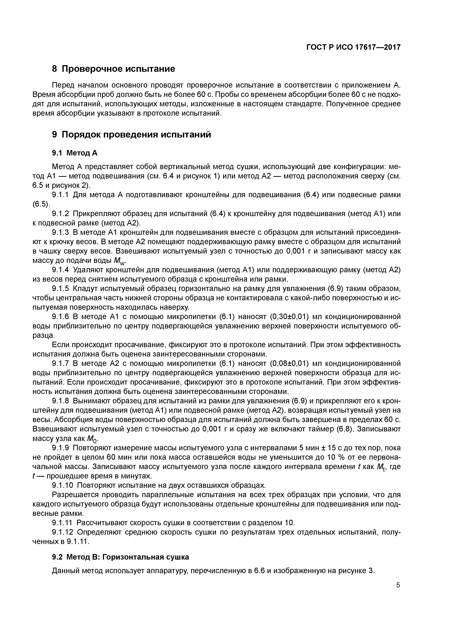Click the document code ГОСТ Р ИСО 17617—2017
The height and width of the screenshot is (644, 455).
pyautogui.click(x=353, y=47)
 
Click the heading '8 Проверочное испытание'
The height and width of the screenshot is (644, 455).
pyautogui.click(x=114, y=69)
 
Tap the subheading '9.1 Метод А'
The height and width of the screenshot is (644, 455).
pyautogui.click(x=74, y=153)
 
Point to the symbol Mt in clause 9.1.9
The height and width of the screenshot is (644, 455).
pyautogui.click(x=382, y=467)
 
